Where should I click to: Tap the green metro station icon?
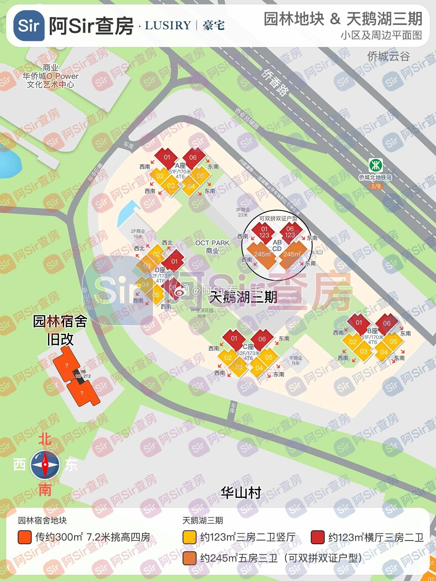[x=376, y=166]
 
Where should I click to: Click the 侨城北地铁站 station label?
[x=375, y=177]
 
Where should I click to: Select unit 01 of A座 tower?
[x=167, y=157]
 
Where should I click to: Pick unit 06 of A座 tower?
[x=193, y=157]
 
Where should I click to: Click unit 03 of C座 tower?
[x=239, y=367]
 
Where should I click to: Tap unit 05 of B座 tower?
[x=393, y=342]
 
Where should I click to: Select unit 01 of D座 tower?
[x=174, y=261]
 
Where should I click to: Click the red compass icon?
[x=45, y=465]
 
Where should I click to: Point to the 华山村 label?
[x=241, y=493]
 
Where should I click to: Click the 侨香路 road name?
[x=275, y=82]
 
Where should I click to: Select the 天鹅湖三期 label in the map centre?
[x=243, y=297]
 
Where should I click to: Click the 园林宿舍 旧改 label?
[x=60, y=330]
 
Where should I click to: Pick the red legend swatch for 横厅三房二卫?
[x=317, y=537]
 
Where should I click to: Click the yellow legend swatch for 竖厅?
[x=189, y=537]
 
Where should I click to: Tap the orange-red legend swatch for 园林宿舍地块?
[x=25, y=537]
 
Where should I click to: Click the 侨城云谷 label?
[x=388, y=56]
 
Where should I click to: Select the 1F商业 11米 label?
[x=295, y=361]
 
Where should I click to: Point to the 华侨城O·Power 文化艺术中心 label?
[x=50, y=76]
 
